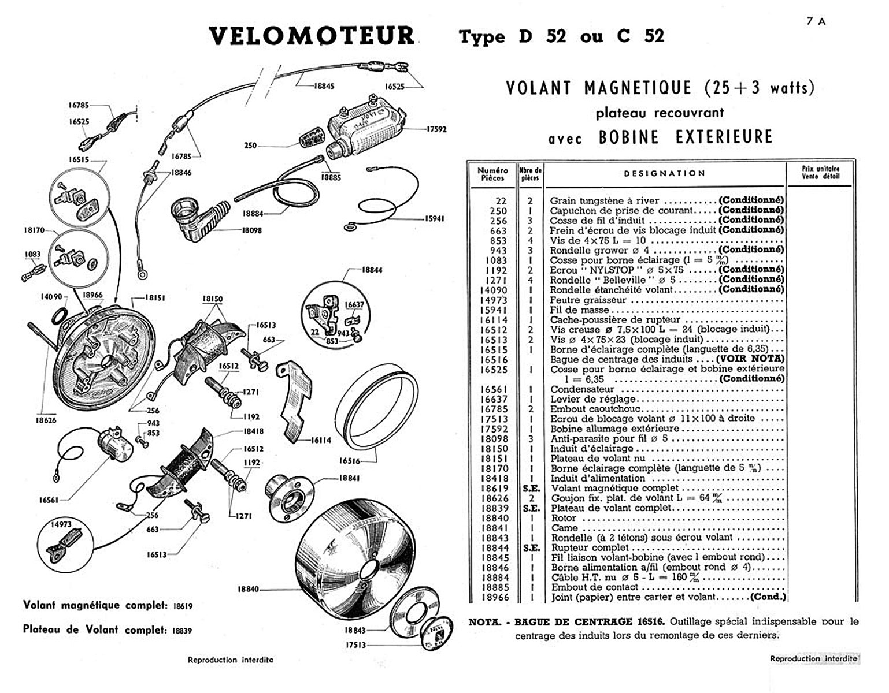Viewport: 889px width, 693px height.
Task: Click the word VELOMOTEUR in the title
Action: pyautogui.click(x=312, y=36)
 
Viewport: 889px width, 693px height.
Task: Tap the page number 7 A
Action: pyautogui.click(x=816, y=21)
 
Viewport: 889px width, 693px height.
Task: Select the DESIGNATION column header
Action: pyautogui.click(x=665, y=173)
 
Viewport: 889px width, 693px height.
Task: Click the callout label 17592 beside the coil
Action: pyautogui.click(x=436, y=129)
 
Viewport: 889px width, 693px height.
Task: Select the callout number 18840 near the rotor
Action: pyautogui.click(x=248, y=589)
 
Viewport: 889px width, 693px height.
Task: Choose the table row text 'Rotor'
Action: pyautogui.click(x=564, y=518)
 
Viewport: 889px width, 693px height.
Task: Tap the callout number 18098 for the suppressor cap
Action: pyautogui.click(x=252, y=230)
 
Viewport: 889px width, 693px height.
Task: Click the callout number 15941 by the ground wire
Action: pyautogui.click(x=434, y=219)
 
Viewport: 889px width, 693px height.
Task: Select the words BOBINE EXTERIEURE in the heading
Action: pyautogui.click(x=686, y=137)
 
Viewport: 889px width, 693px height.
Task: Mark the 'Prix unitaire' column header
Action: pyautogui.click(x=820, y=172)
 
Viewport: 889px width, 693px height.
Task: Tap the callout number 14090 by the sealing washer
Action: pyautogui.click(x=51, y=296)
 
